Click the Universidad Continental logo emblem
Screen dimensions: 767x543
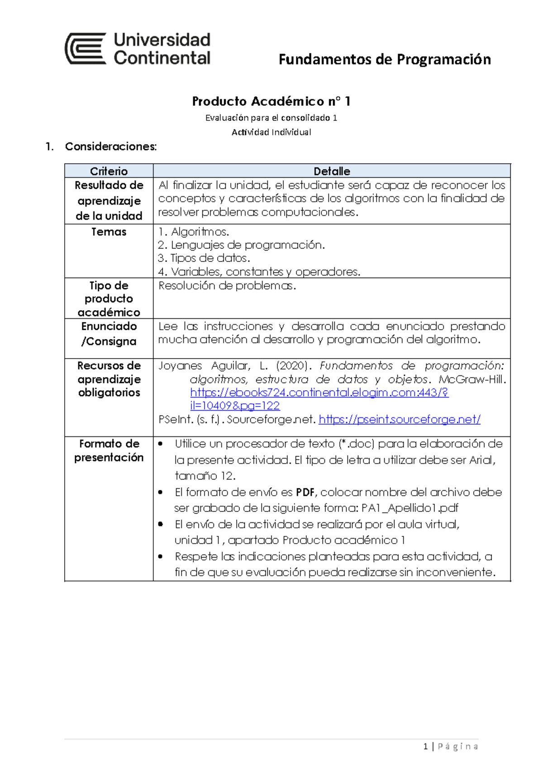pyautogui.click(x=86, y=48)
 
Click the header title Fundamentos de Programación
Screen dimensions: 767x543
pyautogui.click(x=384, y=59)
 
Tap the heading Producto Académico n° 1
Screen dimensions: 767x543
pyautogui.click(x=271, y=101)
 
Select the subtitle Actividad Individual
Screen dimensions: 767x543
pyautogui.click(x=271, y=132)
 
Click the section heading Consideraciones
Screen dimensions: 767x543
pyautogui.click(x=111, y=147)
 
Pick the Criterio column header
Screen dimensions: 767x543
pyautogui.click(x=109, y=171)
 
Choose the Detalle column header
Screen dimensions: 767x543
pyautogui.click(x=332, y=171)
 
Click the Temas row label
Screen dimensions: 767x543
pyautogui.click(x=109, y=232)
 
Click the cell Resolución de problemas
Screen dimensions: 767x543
pyautogui.click(x=227, y=286)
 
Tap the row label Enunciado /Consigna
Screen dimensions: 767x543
pyautogui.click(x=109, y=334)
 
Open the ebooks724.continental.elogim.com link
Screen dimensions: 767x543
pyautogui.click(x=319, y=393)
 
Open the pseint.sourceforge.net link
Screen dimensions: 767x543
pyautogui.click(x=399, y=420)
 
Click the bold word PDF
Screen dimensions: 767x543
pyautogui.click(x=305, y=492)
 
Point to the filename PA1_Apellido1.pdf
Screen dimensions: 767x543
pyautogui.click(x=410, y=508)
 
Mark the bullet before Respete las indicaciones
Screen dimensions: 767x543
pyautogui.click(x=161, y=557)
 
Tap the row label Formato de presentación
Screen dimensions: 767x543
pyautogui.click(x=109, y=450)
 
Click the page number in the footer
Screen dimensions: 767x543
pyautogui.click(x=425, y=747)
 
